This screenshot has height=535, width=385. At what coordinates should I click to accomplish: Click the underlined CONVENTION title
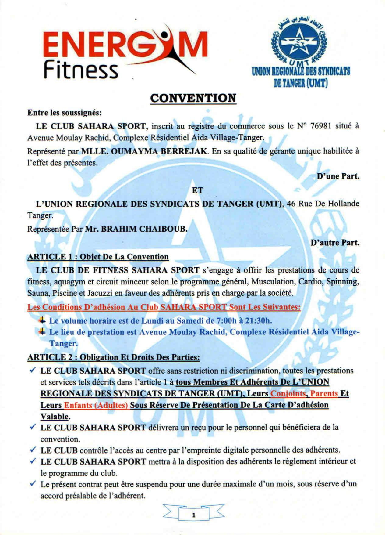click(193, 98)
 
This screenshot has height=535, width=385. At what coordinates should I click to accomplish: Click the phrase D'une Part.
click(338, 176)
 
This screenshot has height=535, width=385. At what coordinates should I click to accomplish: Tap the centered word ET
click(197, 190)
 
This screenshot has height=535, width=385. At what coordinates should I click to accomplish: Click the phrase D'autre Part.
click(335, 243)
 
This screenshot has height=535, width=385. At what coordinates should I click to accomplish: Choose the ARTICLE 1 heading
click(98, 257)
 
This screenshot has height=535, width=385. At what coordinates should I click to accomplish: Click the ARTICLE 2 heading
click(114, 357)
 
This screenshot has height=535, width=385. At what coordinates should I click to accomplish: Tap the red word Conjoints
click(288, 394)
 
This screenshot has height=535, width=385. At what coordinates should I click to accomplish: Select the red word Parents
click(324, 394)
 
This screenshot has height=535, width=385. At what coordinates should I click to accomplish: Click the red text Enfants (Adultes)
click(96, 405)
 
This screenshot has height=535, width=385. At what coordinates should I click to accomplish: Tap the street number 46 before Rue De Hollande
click(291, 204)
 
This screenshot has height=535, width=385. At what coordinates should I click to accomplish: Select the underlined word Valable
click(55, 417)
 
